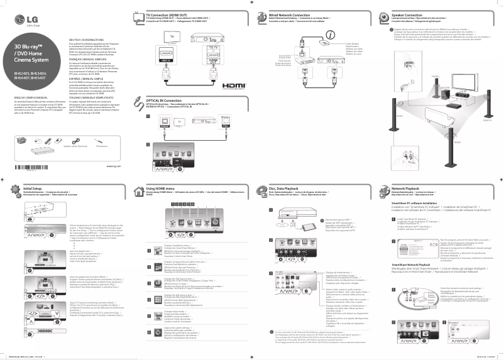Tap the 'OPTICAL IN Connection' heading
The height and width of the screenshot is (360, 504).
(x=165, y=101)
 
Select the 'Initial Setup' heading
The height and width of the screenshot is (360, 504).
(x=33, y=188)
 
